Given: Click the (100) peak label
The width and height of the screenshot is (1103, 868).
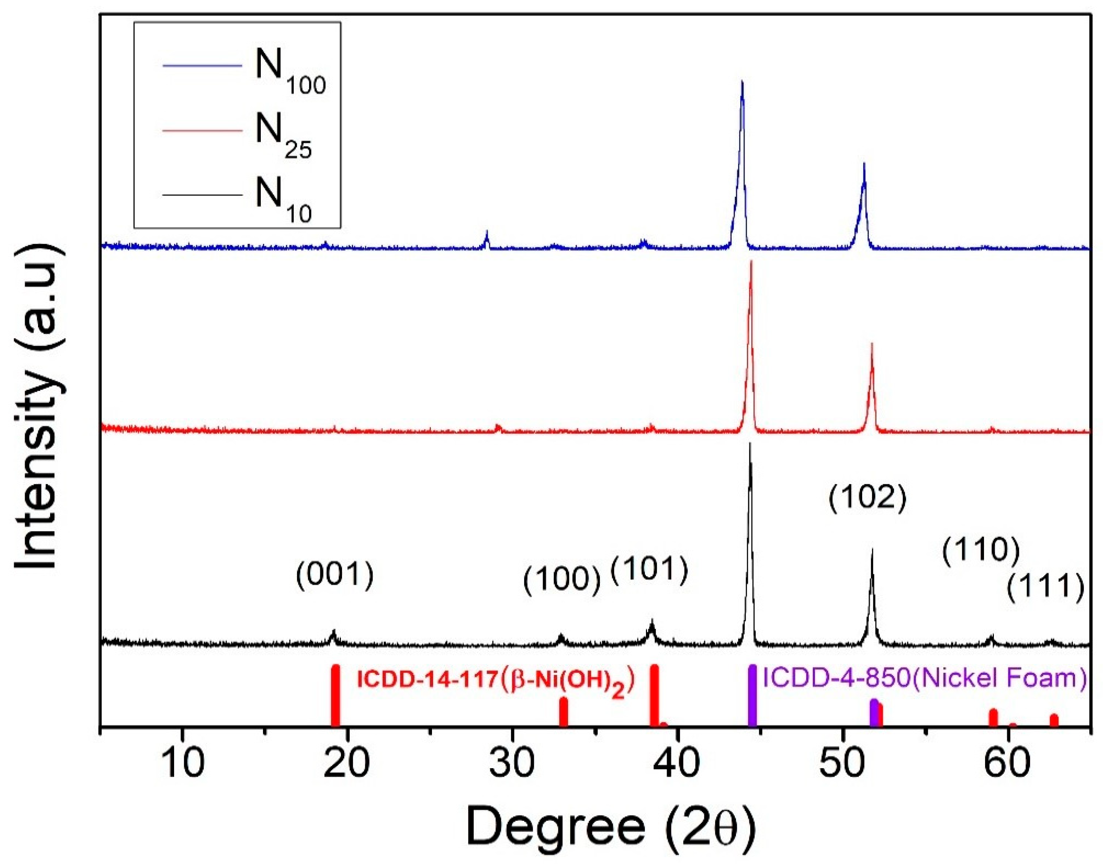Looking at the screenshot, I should [562, 580].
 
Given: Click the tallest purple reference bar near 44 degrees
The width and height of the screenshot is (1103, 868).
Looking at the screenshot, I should [752, 696].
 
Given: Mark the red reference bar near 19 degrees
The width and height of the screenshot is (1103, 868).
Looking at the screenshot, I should [335, 696].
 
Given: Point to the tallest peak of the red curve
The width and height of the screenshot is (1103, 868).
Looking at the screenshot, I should [751, 262].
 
